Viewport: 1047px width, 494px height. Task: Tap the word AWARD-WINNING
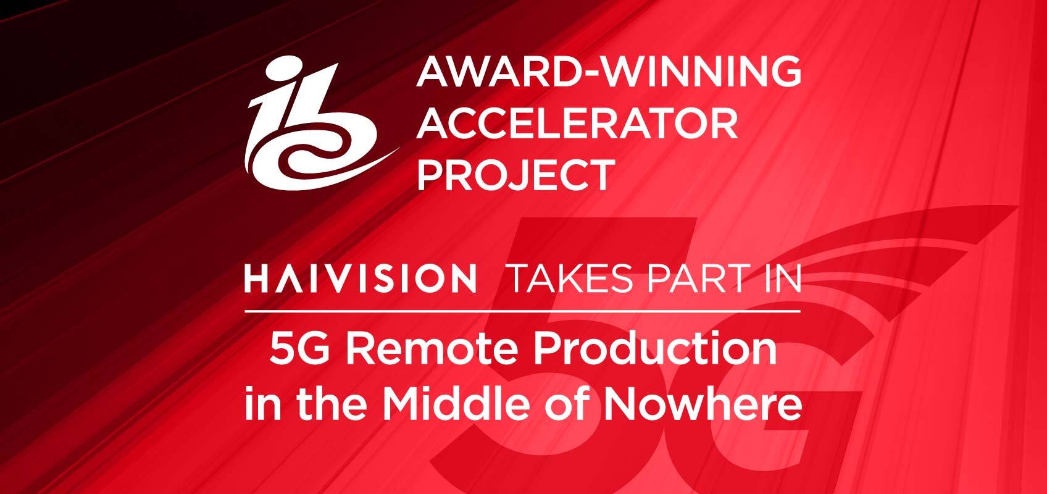609,71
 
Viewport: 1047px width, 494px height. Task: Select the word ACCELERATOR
577,124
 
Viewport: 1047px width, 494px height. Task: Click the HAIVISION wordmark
361,278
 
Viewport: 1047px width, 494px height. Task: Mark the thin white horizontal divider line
522,311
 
